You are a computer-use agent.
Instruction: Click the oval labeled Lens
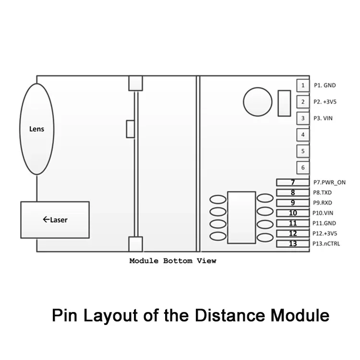tap(36, 129)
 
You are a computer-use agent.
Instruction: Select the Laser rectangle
tap(55, 219)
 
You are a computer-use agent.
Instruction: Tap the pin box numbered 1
tap(303, 85)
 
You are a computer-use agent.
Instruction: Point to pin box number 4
tap(303, 135)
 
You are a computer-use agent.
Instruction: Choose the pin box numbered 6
tap(303, 168)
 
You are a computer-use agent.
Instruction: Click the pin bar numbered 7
tap(293, 182)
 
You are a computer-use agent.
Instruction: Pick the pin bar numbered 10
tap(293, 213)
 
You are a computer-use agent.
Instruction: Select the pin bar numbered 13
tap(293, 244)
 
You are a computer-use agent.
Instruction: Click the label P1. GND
tap(325, 85)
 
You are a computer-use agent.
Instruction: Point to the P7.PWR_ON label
tap(329, 182)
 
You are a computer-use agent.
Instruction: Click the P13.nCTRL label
tap(326, 244)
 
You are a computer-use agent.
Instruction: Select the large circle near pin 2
tap(257, 102)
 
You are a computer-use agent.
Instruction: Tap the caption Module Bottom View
tap(173, 261)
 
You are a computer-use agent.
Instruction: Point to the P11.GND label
tap(324, 223)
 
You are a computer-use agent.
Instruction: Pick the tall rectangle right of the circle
tap(284, 102)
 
